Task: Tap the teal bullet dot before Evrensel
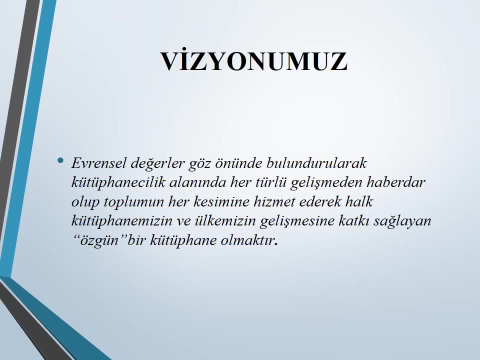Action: point(60,160)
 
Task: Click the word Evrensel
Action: point(98,163)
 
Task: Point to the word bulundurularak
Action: point(316,163)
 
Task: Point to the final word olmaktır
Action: point(249,240)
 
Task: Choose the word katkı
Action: point(354,220)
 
